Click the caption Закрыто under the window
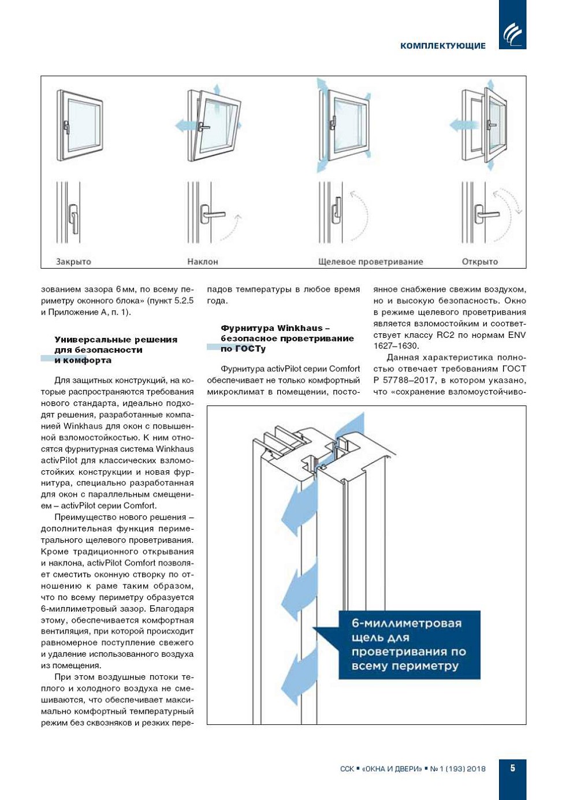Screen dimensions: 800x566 (73, 262)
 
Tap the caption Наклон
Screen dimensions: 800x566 (203, 262)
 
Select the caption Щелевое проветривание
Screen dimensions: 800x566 (371, 262)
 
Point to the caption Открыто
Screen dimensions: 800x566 (480, 262)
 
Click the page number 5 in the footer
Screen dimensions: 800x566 (512, 768)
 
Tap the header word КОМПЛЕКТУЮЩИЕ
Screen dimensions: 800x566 (443, 46)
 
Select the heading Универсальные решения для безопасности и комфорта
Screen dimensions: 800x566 (116, 350)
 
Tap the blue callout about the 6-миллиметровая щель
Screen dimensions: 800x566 (409, 645)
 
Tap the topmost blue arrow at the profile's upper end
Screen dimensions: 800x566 (352, 430)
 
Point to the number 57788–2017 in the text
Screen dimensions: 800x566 (410, 380)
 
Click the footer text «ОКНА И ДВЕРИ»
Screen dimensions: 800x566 (393, 769)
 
